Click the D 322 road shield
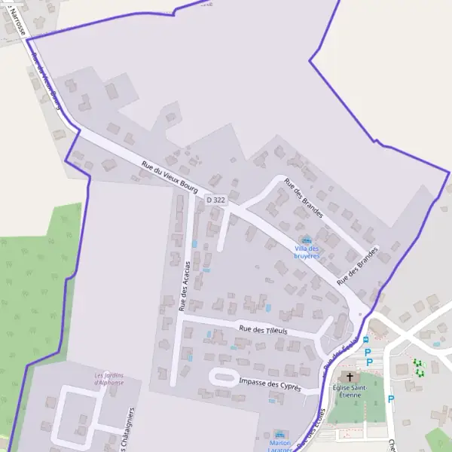coord(215,200)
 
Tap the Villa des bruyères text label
coord(307,252)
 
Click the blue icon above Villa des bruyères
coord(306,240)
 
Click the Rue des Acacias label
coord(183,286)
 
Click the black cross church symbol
coord(350,376)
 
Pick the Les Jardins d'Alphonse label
coord(109,378)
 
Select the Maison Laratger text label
coord(280,446)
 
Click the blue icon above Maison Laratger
coord(281,435)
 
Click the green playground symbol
coord(419,368)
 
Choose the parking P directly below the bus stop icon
coord(368,353)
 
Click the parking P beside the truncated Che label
coord(390,399)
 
